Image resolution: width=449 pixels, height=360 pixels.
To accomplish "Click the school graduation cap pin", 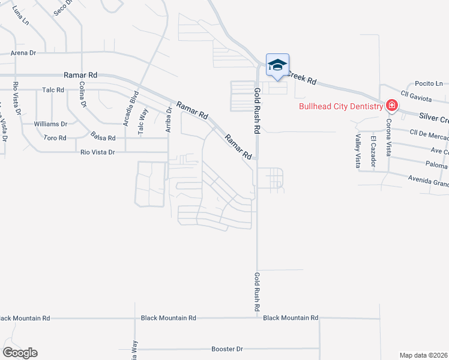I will pyautogui.click(x=277, y=65).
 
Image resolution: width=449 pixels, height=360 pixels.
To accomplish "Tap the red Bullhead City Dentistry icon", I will pyautogui.click(x=391, y=106).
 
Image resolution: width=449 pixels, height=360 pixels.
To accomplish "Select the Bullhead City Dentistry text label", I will pyautogui.click(x=341, y=107).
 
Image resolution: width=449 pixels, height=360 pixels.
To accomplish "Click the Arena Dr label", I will pyautogui.click(x=23, y=53).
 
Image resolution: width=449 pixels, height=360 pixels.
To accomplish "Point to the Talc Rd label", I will pyautogui.click(x=53, y=90).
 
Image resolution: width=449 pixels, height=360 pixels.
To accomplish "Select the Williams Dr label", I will pyautogui.click(x=50, y=124).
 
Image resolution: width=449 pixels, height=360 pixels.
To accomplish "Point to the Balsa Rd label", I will pyautogui.click(x=103, y=137).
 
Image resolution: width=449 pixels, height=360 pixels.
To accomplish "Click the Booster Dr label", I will pyautogui.click(x=227, y=349).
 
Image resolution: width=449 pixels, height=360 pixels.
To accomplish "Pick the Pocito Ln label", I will pyautogui.click(x=430, y=83).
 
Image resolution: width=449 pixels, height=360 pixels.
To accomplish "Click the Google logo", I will pyautogui.click(x=20, y=353).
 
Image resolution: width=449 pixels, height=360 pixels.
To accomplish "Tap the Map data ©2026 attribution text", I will pyautogui.click(x=424, y=355).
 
